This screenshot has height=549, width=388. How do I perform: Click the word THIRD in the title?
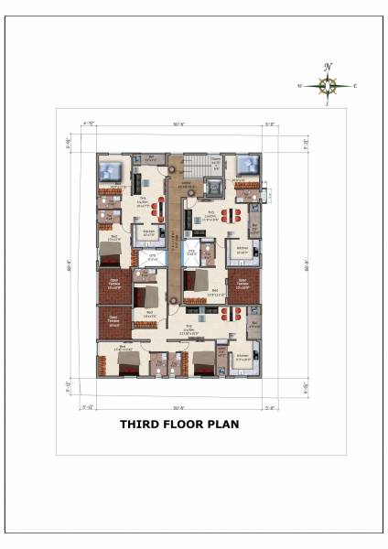point(140,424)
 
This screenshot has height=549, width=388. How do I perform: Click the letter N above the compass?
point(327,67)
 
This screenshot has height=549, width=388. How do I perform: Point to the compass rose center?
point(327,86)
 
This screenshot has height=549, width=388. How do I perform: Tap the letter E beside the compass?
point(355,87)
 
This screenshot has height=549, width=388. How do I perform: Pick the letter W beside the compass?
point(298,87)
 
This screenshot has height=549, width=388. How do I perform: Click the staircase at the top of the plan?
point(192,167)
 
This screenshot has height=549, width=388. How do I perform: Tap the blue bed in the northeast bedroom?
point(246,167)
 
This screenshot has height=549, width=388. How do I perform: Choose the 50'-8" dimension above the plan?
point(179,123)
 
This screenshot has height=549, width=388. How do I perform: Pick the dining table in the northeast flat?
point(234,213)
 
